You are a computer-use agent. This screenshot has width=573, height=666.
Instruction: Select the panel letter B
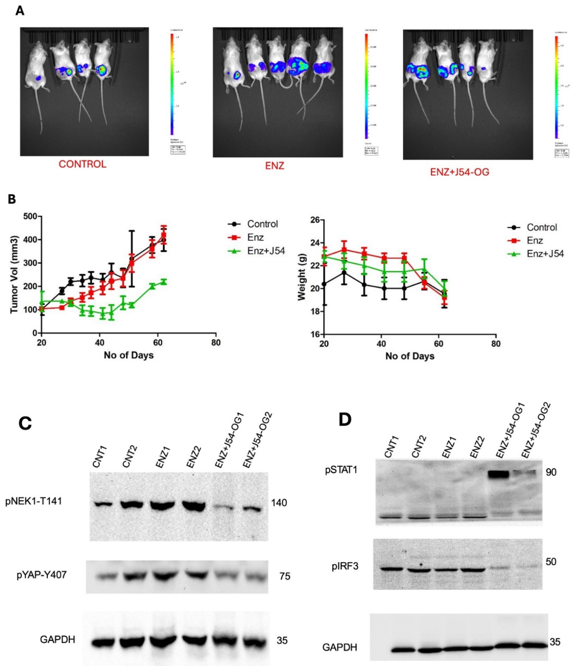pos(12,199)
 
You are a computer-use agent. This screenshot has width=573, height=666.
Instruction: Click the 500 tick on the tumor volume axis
pos(30,216)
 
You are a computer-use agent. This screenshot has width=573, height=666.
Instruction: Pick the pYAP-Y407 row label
pos(42,575)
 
